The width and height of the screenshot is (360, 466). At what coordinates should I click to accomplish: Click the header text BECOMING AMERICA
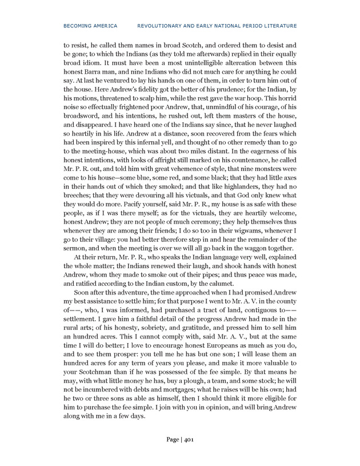(90, 26)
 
